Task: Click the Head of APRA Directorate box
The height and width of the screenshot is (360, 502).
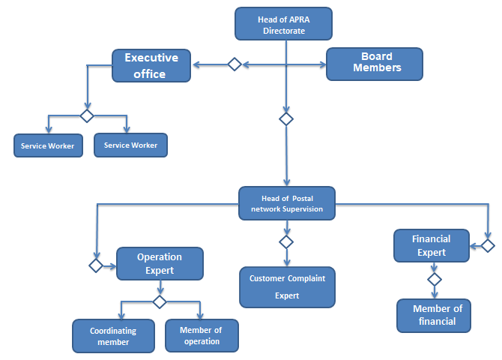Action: [x=283, y=23]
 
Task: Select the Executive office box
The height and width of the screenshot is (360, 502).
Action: [x=151, y=65]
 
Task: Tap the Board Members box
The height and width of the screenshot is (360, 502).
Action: [x=375, y=64]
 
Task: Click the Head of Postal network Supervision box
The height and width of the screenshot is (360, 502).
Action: [x=287, y=203]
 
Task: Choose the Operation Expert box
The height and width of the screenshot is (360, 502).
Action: [x=160, y=263]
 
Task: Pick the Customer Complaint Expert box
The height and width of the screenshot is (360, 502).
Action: [x=287, y=286]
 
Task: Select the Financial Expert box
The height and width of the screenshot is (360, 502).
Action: [x=432, y=245]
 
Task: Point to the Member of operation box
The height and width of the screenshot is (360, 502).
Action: [x=202, y=335]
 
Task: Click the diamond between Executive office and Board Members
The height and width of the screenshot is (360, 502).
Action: [x=235, y=64]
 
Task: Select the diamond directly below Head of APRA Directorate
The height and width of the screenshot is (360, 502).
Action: [x=285, y=118]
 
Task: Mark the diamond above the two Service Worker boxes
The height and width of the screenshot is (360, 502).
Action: [x=87, y=115]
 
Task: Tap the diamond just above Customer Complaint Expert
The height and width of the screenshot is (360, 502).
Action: [x=285, y=241]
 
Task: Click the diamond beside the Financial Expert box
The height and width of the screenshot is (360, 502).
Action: [x=488, y=245]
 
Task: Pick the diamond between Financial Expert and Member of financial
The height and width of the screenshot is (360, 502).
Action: [x=434, y=279]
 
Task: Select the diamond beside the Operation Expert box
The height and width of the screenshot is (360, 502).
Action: [x=96, y=265]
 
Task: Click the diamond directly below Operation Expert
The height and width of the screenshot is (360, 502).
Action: [x=160, y=301]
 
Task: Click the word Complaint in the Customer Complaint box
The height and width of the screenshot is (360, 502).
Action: [x=306, y=278]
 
